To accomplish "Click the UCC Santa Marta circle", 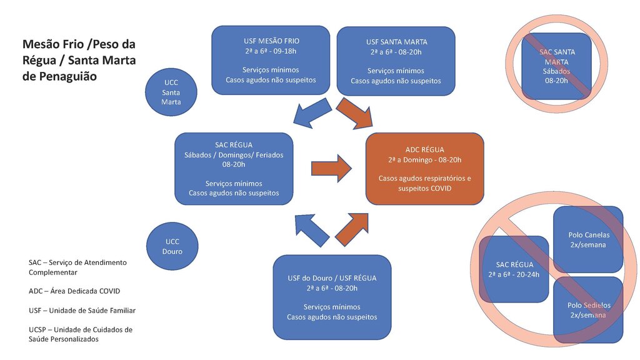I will point(171,92).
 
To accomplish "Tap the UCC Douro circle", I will point(172,246).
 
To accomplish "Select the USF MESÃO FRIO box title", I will point(271,41).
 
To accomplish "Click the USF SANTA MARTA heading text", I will point(395,42).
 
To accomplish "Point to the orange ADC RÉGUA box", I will point(424,169).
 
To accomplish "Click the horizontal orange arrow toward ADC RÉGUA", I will point(332,167).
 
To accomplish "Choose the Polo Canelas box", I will point(588,239).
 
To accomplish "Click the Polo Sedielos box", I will point(588,309).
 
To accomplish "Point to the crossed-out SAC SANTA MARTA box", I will point(556,66).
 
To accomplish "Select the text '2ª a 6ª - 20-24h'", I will point(514,274).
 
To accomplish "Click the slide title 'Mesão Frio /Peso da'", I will point(79,44).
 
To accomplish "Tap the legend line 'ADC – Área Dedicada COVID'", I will point(74,291).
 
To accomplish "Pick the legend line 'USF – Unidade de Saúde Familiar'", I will point(82,311).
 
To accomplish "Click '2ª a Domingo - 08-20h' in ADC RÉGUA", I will point(424,159).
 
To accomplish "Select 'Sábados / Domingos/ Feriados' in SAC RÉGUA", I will point(233,154).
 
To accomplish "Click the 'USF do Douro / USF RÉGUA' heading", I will point(332,277).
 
